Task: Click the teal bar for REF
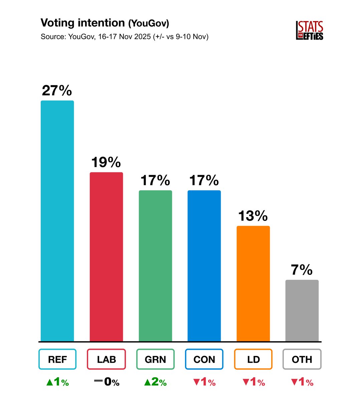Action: point(57,221)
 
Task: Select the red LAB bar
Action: point(106,257)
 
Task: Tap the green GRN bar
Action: point(155,266)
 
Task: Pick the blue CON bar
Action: point(204,266)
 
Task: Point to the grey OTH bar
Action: point(302,310)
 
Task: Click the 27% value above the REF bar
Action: point(57,91)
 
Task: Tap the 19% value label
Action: point(106,162)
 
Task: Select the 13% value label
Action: point(253,216)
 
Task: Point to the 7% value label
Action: point(302,270)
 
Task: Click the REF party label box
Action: point(57,359)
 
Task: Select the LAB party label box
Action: point(106,359)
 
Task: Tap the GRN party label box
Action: point(155,359)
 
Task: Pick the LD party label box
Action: point(253,359)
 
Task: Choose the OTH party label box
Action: point(302,359)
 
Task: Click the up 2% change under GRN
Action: point(155,382)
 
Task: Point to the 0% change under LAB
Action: point(107,382)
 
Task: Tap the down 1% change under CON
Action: point(204,382)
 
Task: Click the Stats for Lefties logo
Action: point(310,30)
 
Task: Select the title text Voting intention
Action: point(82,23)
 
